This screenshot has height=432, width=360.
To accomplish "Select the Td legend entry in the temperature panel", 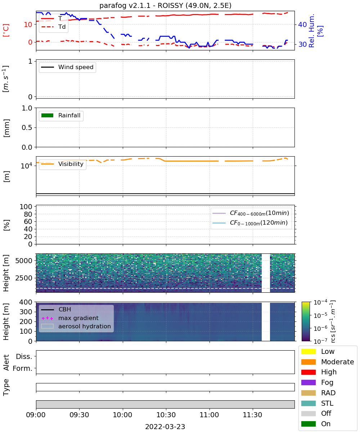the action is click(x=54, y=27).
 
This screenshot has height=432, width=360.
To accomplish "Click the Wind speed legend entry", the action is click(x=67, y=67).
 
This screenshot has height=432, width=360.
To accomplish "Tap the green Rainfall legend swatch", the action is click(x=48, y=116).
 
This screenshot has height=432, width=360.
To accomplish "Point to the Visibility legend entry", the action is click(x=62, y=164).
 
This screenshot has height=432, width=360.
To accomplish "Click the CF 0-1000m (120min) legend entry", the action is click(x=250, y=223).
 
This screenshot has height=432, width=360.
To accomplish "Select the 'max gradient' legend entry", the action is click(x=70, y=318).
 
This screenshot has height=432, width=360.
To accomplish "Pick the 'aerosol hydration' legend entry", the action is click(x=76, y=326).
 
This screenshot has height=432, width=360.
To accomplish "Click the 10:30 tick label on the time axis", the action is click(x=166, y=415).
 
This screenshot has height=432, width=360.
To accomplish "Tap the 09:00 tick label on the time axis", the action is click(x=36, y=415).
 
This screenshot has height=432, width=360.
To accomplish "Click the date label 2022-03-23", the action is click(x=165, y=427).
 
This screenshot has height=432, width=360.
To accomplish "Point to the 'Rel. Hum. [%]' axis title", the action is click(x=316, y=31).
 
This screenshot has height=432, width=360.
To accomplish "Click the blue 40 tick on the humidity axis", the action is click(x=302, y=24).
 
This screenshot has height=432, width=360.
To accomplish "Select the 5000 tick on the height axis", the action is click(x=24, y=261).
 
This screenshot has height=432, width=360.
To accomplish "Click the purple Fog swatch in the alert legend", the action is click(x=308, y=383).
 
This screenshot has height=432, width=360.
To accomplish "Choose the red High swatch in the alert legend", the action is click(x=308, y=372).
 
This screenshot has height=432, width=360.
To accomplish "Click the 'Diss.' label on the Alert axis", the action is click(x=24, y=356).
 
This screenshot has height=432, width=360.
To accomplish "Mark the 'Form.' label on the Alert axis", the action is click(x=23, y=369).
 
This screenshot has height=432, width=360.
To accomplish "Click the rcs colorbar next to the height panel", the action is click(x=306, y=321).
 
